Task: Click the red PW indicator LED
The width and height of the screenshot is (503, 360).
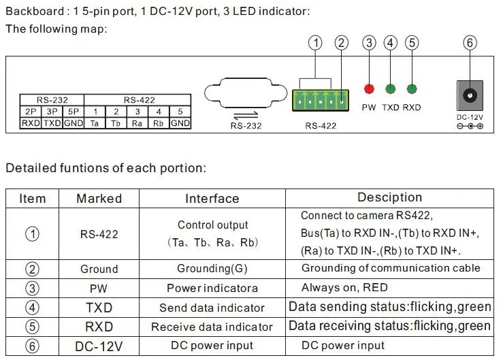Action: (369, 88)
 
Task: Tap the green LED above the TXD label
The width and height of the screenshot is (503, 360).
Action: (391, 88)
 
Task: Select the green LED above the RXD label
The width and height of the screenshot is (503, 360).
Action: (412, 88)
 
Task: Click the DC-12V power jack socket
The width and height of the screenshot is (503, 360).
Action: (470, 96)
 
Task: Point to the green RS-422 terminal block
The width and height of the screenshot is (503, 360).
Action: (321, 101)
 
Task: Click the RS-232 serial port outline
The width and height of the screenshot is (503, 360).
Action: (246, 93)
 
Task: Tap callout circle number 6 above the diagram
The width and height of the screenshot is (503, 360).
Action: (470, 43)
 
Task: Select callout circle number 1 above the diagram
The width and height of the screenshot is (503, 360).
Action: (315, 43)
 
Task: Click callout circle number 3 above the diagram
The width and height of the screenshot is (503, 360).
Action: (369, 43)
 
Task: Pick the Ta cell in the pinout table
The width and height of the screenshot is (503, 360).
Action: (95, 123)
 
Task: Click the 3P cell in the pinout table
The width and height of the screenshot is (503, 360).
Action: (52, 112)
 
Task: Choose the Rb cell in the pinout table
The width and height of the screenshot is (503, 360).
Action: (159, 123)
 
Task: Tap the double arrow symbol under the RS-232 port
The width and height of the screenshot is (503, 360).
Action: (246, 115)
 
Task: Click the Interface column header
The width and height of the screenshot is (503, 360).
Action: (212, 199)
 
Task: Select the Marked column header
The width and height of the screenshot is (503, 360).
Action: (99, 199)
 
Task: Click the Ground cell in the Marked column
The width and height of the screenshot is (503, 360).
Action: (99, 269)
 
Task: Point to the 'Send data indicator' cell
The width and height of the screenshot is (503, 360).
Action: (212, 308)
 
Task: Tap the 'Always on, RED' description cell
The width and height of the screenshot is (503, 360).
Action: (389, 288)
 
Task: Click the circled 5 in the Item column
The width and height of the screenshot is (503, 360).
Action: (32, 327)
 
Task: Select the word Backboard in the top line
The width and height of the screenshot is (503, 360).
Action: (35, 12)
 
